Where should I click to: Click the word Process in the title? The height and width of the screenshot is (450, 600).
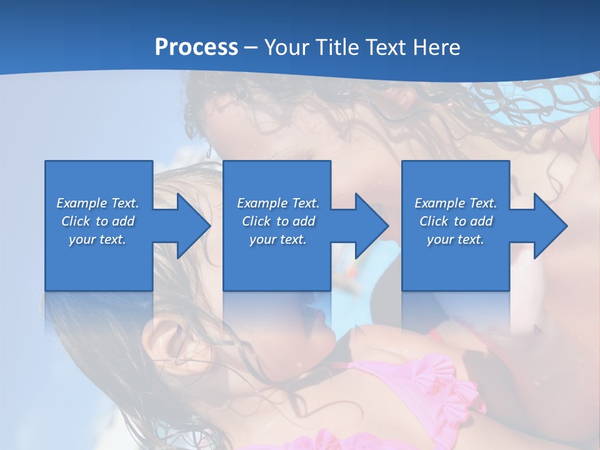[196, 47]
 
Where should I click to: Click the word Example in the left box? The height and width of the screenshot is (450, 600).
[82, 203]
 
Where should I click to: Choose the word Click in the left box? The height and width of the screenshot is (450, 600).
[76, 221]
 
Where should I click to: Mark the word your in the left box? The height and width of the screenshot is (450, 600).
[82, 239]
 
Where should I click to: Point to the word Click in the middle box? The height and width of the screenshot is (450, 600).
[256, 221]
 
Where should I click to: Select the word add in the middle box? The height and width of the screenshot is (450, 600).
[304, 221]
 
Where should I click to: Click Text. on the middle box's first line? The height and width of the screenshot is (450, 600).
[304, 203]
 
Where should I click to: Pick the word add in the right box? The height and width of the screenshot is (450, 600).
[481, 221]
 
